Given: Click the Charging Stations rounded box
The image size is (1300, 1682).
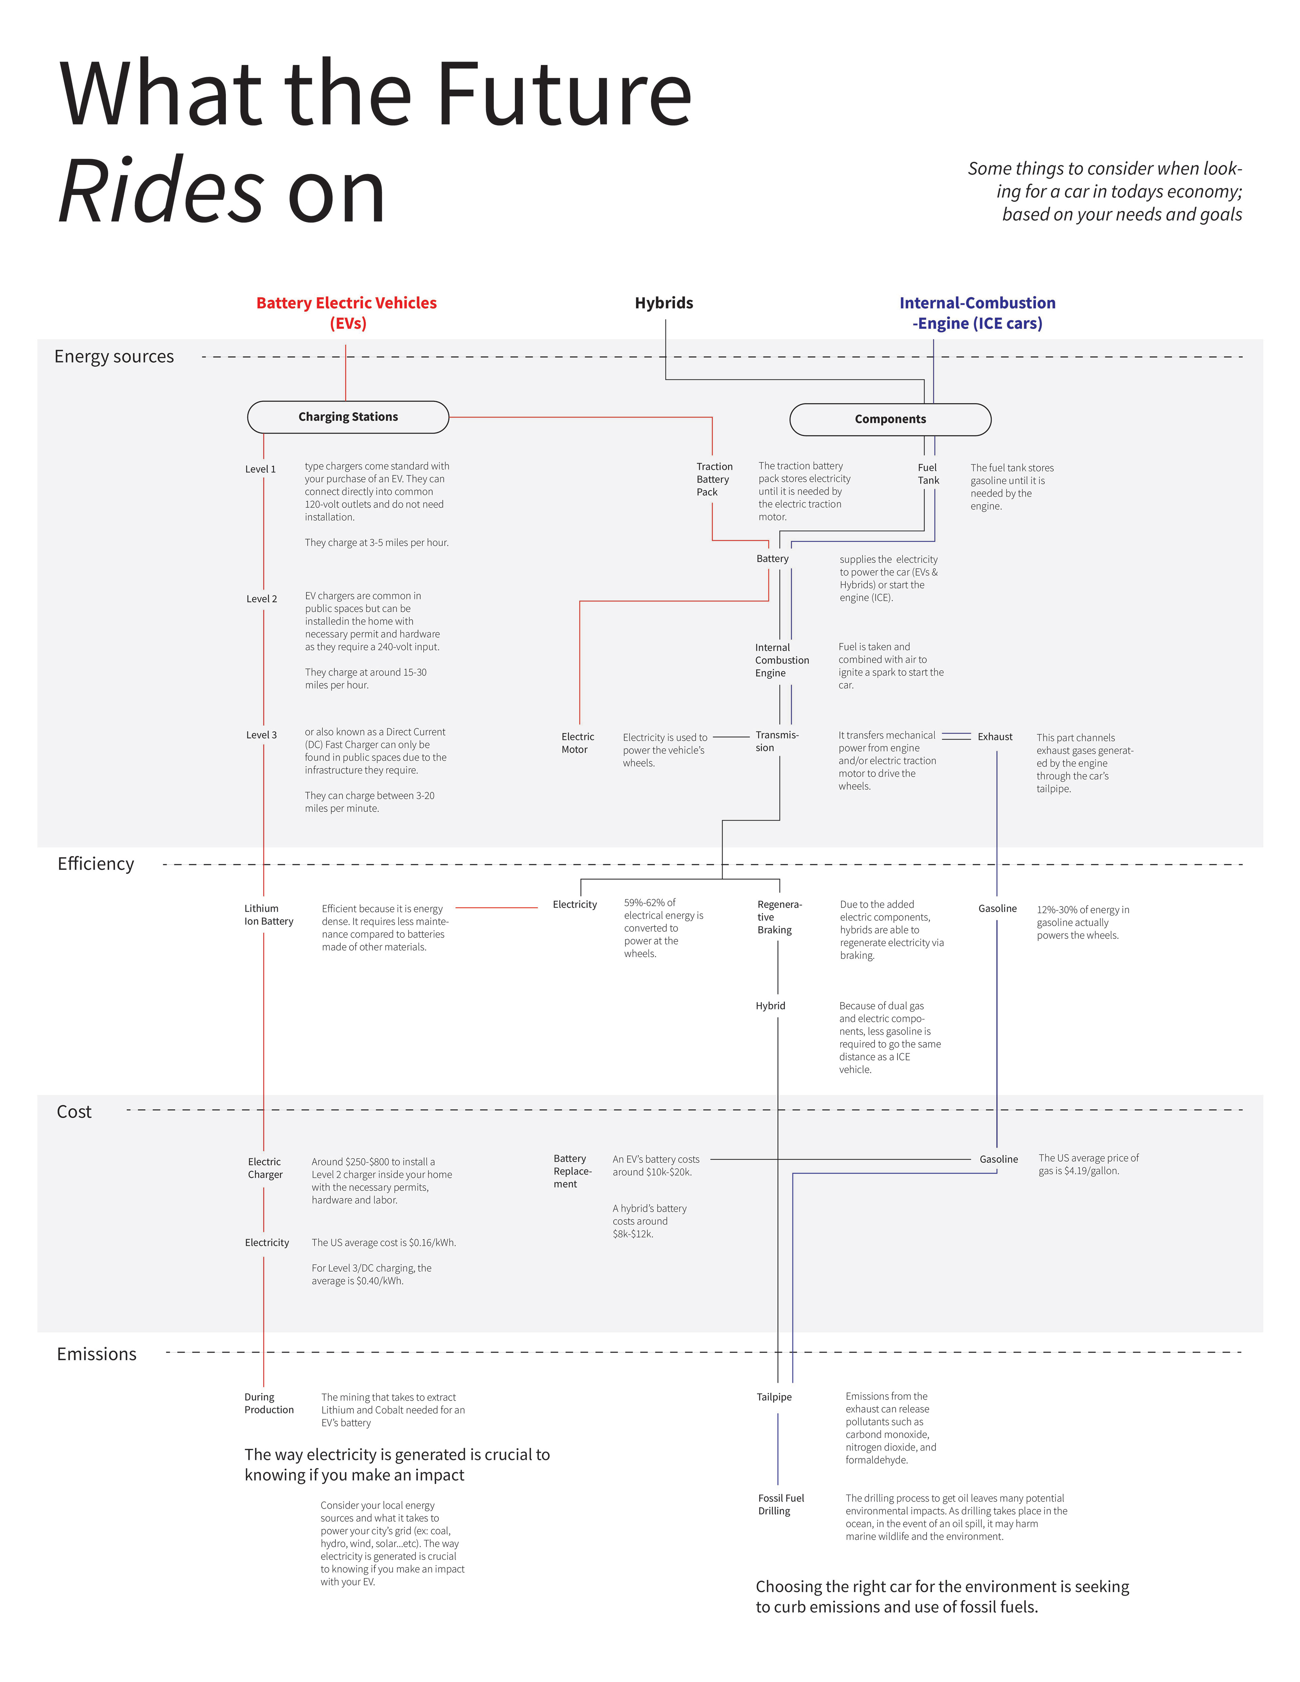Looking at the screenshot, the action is click(348, 417).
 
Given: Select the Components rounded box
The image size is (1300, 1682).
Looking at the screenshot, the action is click(890, 419).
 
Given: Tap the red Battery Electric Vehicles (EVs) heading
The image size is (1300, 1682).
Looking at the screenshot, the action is click(347, 313).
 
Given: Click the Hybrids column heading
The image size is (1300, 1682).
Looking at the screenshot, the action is click(664, 303).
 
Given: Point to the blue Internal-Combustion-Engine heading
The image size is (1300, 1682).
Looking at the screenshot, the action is click(977, 313).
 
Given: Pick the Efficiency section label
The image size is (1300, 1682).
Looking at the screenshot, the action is click(95, 863).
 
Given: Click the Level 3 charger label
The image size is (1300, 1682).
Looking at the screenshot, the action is click(261, 735).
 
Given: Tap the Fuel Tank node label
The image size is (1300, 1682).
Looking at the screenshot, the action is click(928, 474).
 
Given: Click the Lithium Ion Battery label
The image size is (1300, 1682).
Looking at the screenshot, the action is click(269, 915).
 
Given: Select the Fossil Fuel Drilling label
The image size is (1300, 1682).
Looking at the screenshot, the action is click(781, 1504).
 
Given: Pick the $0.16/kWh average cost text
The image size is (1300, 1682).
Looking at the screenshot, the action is click(432, 1242).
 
